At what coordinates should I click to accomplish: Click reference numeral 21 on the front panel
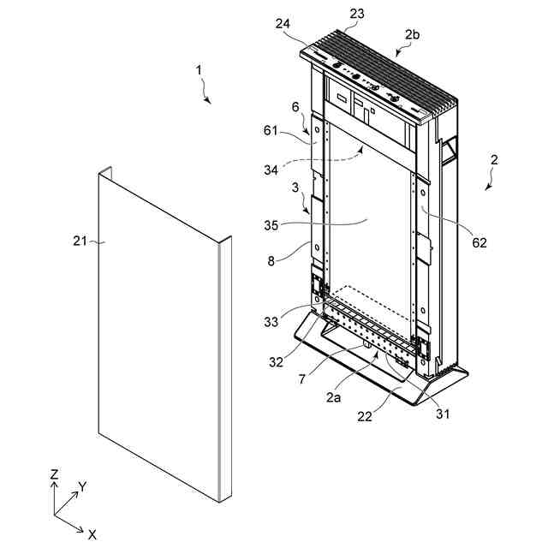(80, 242)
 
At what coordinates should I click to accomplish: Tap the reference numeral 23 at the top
(357, 13)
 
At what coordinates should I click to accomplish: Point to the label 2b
(412, 35)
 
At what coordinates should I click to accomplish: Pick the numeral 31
(444, 414)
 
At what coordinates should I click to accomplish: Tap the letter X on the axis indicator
(92, 534)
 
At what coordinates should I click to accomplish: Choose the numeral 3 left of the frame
(294, 188)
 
